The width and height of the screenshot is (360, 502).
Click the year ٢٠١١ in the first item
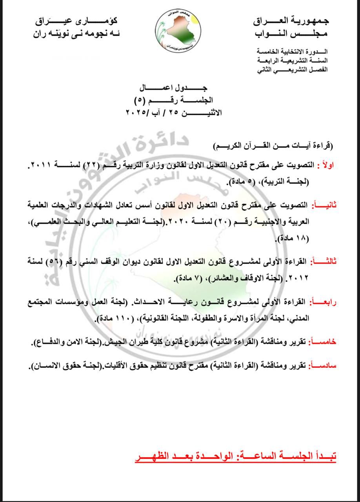pyautogui.click(x=41, y=166)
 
